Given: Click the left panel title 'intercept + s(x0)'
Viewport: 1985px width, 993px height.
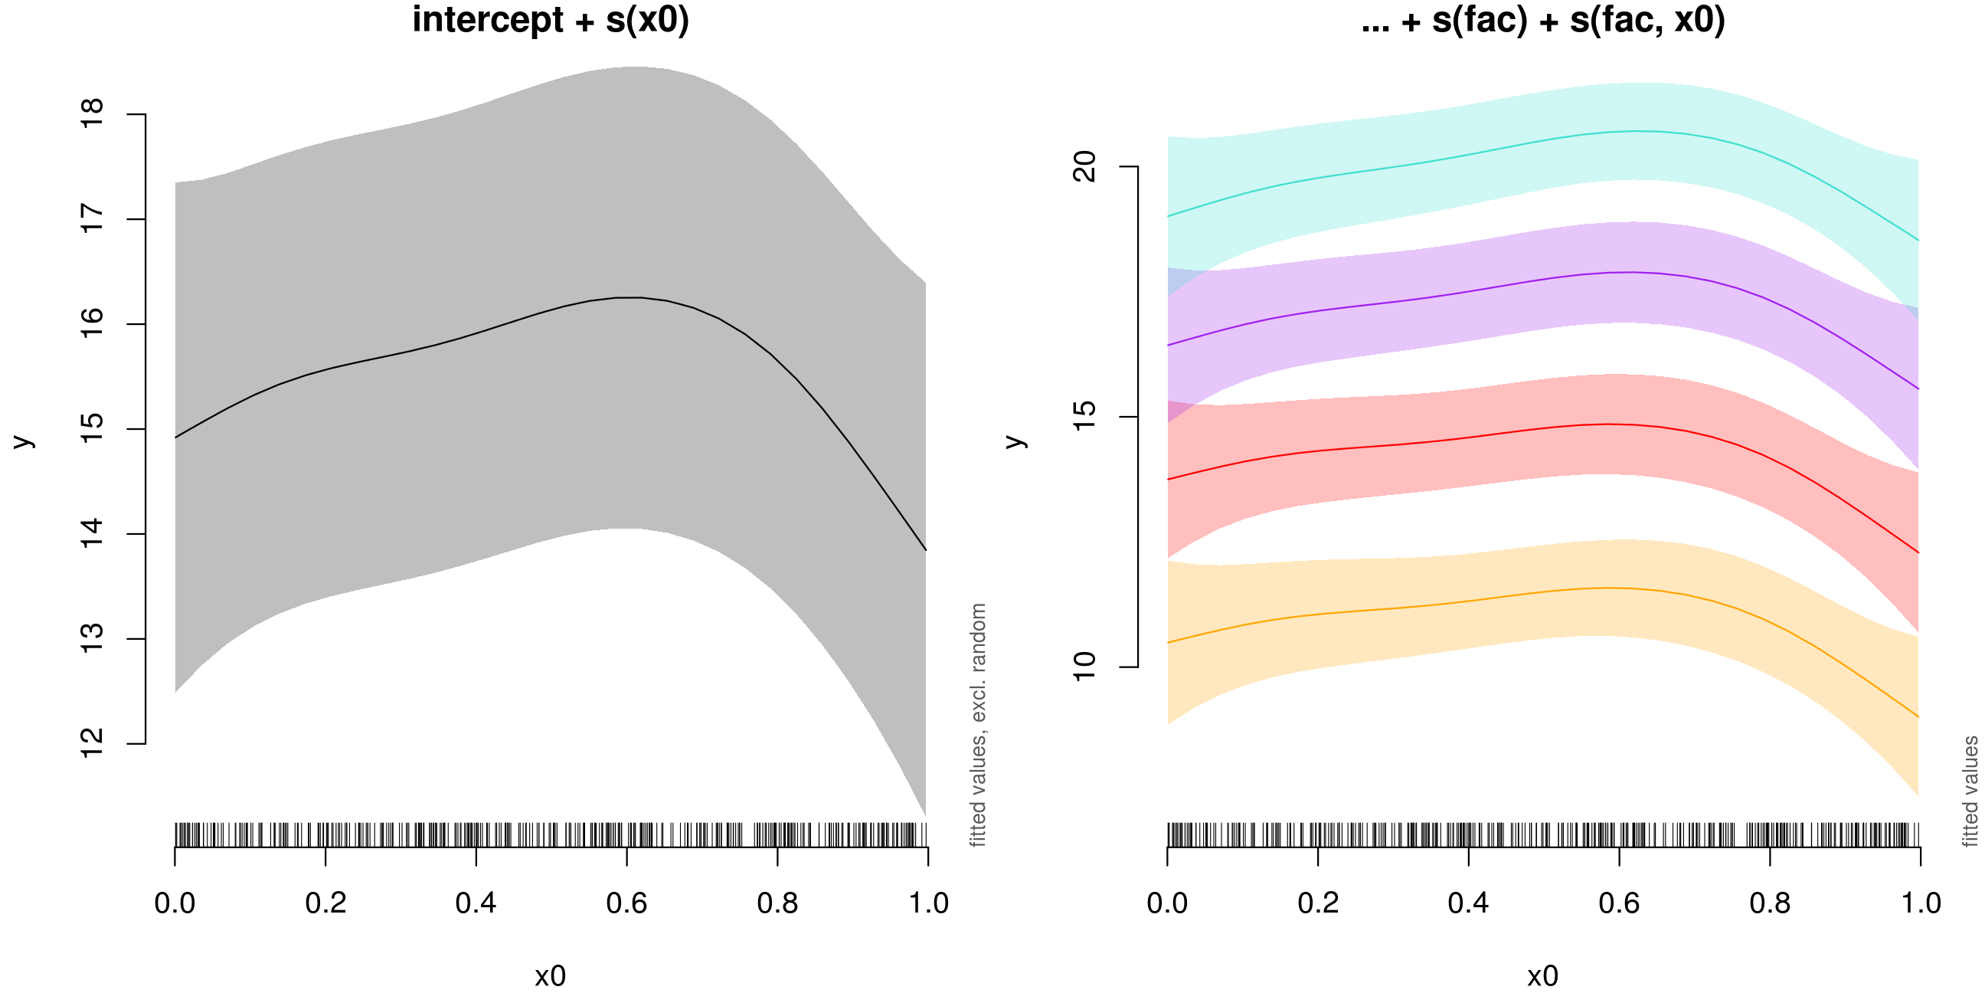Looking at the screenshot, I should tap(550, 20).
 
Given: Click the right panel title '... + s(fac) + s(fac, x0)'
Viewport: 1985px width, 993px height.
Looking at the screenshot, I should tap(1542, 20).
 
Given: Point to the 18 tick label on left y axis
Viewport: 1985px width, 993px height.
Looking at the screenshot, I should tap(93, 114).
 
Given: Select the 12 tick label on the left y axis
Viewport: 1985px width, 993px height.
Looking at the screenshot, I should tap(93, 743).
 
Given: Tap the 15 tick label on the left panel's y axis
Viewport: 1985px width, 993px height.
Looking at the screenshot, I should tap(93, 428).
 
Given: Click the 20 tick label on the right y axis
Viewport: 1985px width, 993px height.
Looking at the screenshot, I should tap(1085, 166).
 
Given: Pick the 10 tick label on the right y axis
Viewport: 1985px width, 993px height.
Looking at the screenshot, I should tap(1085, 667).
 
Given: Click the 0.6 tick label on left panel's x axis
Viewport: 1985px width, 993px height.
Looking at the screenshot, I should tap(626, 903).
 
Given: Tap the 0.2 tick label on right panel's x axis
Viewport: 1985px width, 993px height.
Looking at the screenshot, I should tap(1318, 903).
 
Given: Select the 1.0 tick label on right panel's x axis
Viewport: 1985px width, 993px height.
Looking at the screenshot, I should tap(1920, 903).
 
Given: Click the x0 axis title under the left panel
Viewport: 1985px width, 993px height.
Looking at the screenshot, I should tap(550, 976).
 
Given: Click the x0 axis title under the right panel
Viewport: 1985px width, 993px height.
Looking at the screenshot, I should tap(1542, 976).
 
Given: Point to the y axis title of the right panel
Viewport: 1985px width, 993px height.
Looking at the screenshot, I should tap(1015, 441).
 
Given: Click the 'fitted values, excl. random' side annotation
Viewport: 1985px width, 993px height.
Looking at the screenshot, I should tap(978, 725).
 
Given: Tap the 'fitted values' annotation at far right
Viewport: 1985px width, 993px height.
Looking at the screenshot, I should tap(1970, 791).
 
